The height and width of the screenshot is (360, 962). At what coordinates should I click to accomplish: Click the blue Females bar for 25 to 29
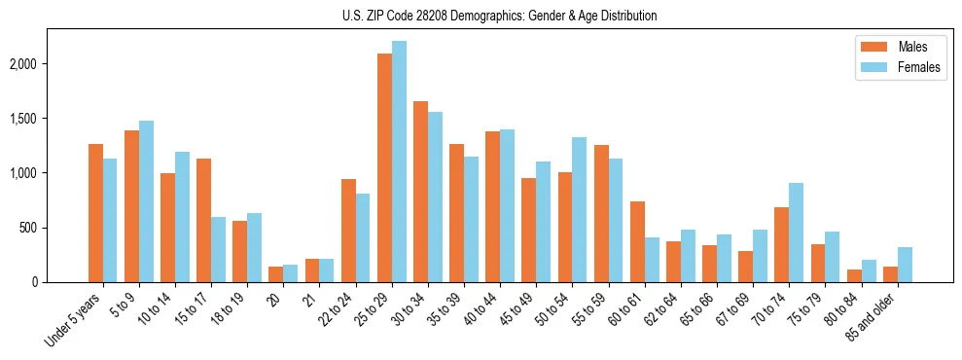[x=399, y=162]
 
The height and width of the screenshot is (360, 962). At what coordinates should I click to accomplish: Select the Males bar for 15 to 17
[x=204, y=220]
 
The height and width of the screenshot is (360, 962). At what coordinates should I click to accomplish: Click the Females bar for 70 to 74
[x=796, y=233]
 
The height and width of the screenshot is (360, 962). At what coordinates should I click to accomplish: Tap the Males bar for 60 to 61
[x=637, y=241]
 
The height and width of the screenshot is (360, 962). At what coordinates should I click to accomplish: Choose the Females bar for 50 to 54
[x=579, y=209]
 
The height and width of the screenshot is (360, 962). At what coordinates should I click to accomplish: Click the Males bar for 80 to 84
[x=854, y=275]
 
